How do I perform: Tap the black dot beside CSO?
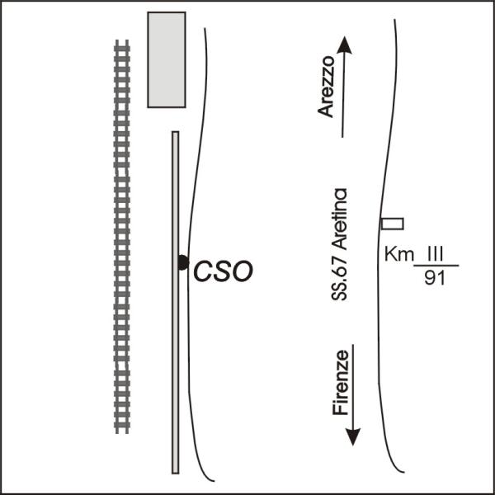coord(183,262)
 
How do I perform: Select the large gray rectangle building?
coord(166,59)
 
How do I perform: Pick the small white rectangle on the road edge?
coord(392,223)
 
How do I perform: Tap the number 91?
coord(434,277)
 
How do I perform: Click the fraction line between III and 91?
coord(435,266)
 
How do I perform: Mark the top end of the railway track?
coord(122,44)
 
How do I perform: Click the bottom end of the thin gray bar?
coord(175,470)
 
